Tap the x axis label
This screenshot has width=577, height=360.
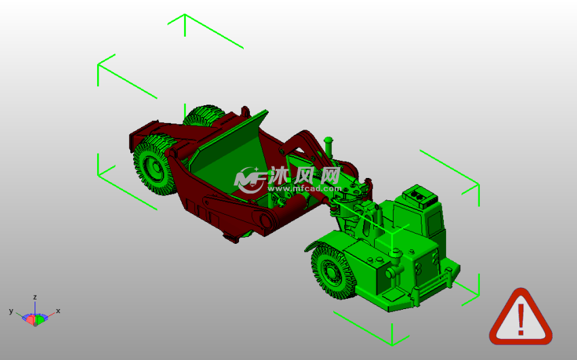[58, 310]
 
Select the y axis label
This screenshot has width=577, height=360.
[11, 311]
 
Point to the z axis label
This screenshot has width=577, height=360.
[35, 297]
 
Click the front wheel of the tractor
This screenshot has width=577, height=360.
[333, 271]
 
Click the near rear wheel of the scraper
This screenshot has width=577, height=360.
[155, 164]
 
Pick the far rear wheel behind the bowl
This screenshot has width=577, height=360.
[204, 115]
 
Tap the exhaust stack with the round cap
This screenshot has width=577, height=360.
[329, 147]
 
